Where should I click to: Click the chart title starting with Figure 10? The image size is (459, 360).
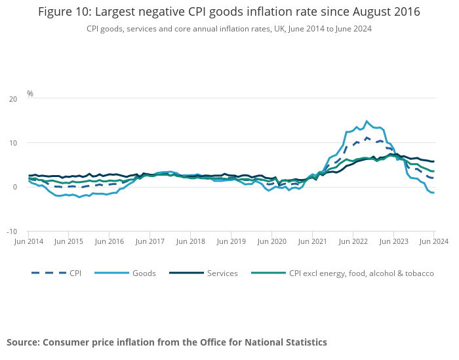(229, 12)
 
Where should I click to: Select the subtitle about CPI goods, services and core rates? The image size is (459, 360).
(229, 29)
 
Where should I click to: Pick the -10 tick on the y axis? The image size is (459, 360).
(12, 231)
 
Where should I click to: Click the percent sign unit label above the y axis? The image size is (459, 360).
(30, 94)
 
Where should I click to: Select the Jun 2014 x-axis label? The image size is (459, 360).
(28, 242)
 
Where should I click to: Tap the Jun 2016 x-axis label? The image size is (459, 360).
(110, 242)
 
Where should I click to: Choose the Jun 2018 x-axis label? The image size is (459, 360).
(191, 242)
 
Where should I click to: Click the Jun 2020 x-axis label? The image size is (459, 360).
(271, 242)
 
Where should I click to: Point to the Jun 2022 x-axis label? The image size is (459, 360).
(353, 242)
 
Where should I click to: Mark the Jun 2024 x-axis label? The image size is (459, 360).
(433, 242)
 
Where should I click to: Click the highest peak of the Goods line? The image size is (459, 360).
(367, 121)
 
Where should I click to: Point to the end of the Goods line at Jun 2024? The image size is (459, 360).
(433, 211)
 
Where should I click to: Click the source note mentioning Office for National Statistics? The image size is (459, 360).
(167, 342)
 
